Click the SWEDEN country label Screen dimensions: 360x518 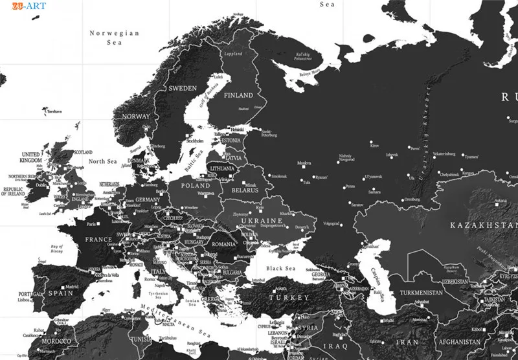[x=183, y=88]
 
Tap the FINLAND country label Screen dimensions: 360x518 [x=238, y=95]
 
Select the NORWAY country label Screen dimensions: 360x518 [x=136, y=117]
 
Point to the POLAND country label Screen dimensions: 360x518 [x=196, y=185]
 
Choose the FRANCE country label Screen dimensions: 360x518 [x=99, y=240]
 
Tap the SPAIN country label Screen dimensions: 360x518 [x=60, y=293]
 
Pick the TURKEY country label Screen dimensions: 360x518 [x=289, y=297]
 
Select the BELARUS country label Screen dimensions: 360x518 [x=245, y=191]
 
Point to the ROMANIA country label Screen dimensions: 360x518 [x=224, y=245]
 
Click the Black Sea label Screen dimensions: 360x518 [x=280, y=268]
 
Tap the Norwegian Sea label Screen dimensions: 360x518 [x=115, y=38]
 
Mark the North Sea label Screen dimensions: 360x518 [x=102, y=161]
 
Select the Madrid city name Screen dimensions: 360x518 [x=71, y=287]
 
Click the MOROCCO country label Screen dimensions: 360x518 [x=57, y=341]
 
